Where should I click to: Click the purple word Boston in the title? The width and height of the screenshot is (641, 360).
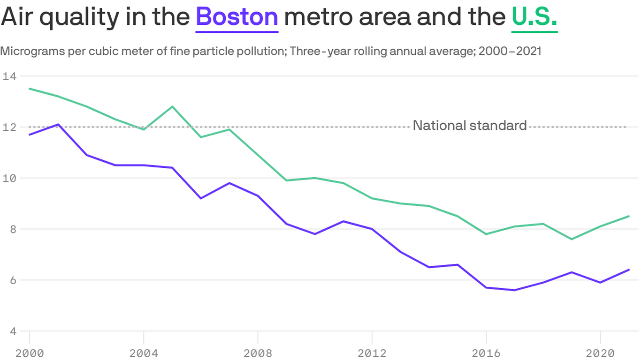pyautogui.click(x=237, y=17)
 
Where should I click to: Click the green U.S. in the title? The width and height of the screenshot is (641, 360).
pyautogui.click(x=534, y=17)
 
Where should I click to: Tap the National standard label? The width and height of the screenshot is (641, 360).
pyautogui.click(x=469, y=126)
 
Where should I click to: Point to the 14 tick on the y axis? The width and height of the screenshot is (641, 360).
pyautogui.click(x=8, y=76)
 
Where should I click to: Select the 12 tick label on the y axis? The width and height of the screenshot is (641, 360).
pyautogui.click(x=8, y=127)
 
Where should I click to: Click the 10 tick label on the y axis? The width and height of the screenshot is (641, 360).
pyautogui.click(x=8, y=178)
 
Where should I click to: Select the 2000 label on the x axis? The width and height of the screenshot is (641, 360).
pyautogui.click(x=30, y=353)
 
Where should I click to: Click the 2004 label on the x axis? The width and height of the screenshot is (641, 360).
pyautogui.click(x=144, y=353)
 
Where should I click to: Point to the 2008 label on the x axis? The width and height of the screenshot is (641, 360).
pyautogui.click(x=258, y=353)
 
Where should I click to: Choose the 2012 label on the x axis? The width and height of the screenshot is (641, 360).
pyautogui.click(x=372, y=353)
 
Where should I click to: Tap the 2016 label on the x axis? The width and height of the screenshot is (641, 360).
pyautogui.click(x=486, y=353)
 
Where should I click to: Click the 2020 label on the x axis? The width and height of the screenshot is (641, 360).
pyautogui.click(x=600, y=353)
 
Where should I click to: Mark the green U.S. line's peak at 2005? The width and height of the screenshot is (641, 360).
pyautogui.click(x=172, y=106)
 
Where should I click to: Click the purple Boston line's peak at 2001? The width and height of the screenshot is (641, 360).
pyautogui.click(x=58, y=124)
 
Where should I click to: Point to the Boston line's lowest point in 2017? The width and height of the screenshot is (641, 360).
pyautogui.click(x=515, y=290)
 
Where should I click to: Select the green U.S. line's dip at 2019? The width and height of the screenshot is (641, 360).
pyautogui.click(x=572, y=239)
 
